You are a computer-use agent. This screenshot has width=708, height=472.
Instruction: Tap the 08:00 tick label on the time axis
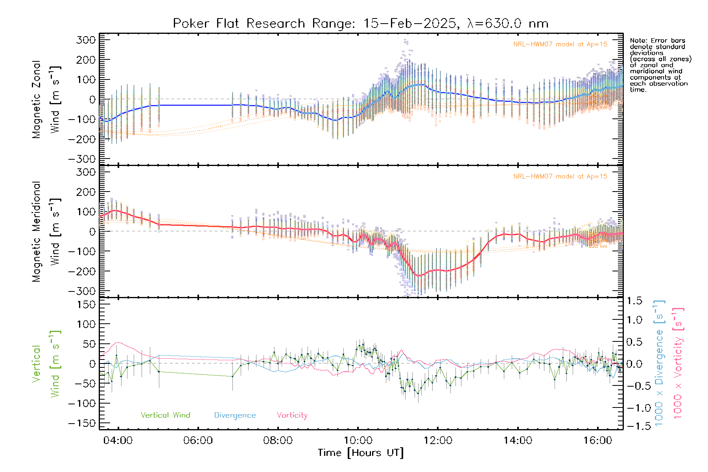278,441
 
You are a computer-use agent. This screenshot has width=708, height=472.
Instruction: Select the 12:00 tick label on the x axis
438,441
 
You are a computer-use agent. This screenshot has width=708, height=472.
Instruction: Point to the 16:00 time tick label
597,441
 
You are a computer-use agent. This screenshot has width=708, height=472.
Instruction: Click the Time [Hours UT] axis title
361,453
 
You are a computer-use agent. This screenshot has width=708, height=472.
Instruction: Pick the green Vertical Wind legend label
165,415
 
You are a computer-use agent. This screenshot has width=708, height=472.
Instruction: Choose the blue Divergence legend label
235,415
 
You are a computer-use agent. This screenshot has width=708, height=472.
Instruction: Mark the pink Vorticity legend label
292,415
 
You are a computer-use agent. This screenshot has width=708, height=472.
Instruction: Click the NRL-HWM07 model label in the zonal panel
560,44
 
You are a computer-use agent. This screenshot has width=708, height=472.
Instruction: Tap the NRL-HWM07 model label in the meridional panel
560,177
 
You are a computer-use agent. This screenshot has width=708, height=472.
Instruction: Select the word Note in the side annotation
638,41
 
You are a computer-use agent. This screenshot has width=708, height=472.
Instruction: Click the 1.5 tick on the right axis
634,301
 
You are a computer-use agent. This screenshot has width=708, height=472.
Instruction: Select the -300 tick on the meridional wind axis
82,291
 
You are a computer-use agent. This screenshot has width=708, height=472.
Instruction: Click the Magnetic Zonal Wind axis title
46,99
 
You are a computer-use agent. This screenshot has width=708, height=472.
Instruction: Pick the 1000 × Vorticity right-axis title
678,363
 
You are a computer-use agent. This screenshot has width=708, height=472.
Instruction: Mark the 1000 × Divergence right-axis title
659,363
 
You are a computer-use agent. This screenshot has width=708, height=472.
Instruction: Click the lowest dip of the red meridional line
419,276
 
